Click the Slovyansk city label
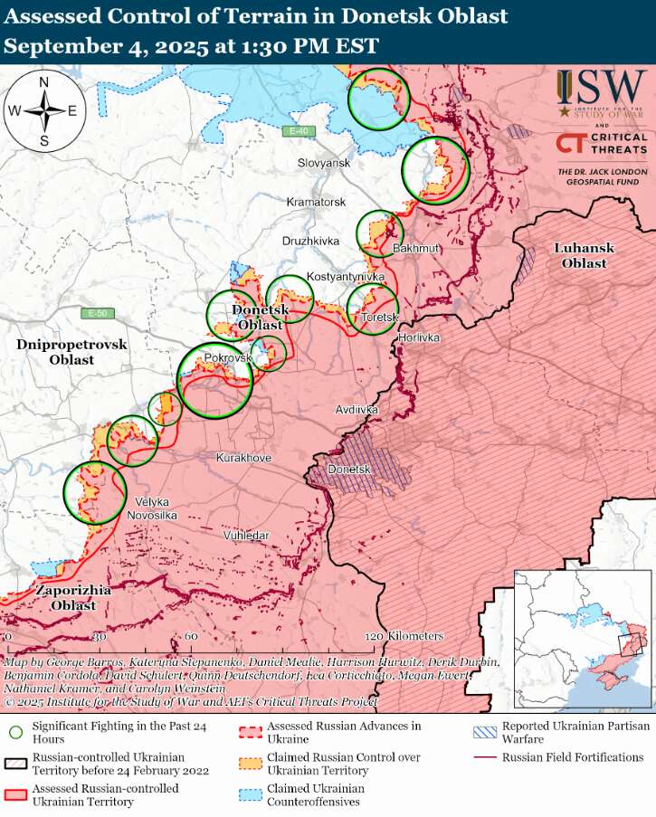[x=323, y=163]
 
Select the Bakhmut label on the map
[x=415, y=248]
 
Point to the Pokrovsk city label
[x=227, y=358]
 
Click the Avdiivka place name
[x=356, y=410]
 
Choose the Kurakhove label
[x=243, y=459]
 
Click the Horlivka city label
[x=418, y=337]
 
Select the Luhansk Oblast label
[x=584, y=255]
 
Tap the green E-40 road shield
[x=298, y=132]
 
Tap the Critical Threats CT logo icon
[x=570, y=143]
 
